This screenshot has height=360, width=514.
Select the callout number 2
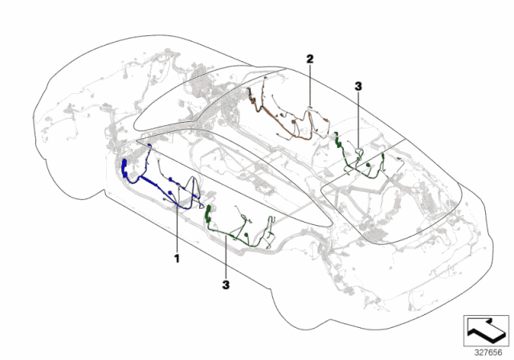coord(309,57)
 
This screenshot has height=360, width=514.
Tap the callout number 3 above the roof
coord(357,84)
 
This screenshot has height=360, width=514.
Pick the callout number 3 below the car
coord(226,284)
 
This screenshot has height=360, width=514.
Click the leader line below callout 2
coord(310,84)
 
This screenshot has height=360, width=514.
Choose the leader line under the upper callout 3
coord(357,121)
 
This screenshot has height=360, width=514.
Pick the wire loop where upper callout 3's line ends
coord(359,152)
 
